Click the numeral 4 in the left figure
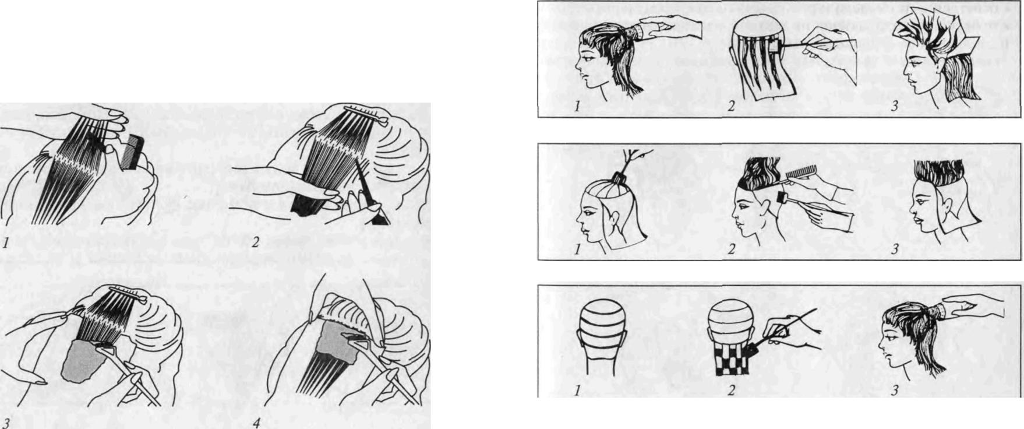(257, 423)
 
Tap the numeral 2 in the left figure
(256, 242)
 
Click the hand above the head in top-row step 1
(664, 26)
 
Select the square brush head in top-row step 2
(775, 45)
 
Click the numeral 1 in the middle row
(577, 249)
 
